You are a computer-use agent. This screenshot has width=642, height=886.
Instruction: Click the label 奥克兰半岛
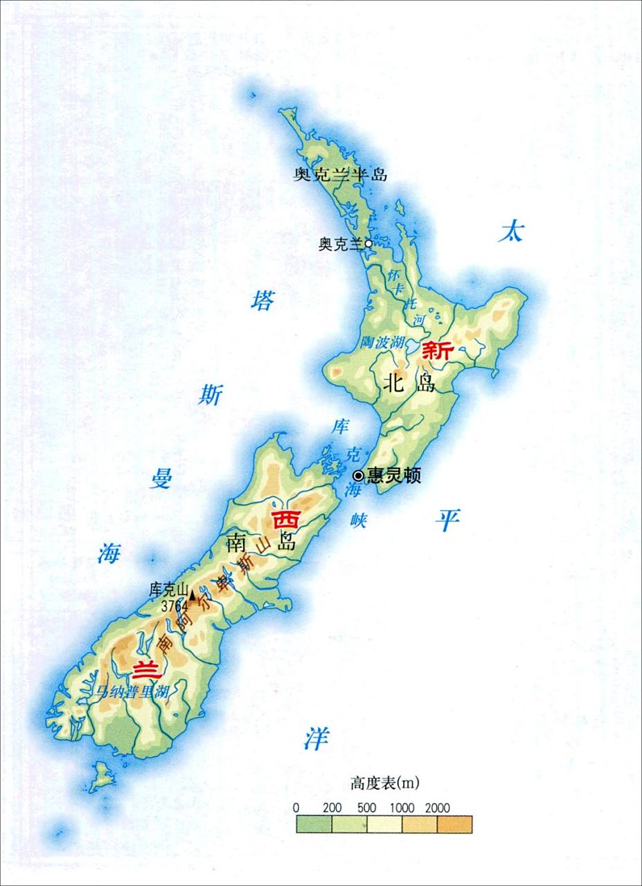coord(339,175)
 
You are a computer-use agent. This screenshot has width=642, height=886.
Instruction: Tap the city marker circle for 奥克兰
coord(368,244)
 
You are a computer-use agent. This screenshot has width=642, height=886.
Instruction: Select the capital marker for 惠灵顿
coord(358,476)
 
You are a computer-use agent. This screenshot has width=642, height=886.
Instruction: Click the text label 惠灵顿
coord(394,476)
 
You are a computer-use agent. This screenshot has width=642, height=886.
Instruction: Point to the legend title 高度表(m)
coord(385,784)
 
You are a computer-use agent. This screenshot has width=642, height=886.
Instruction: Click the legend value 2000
coord(437,808)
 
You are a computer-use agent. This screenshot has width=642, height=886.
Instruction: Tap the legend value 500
coord(368,808)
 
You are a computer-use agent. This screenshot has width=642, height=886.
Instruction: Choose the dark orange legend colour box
coord(455,824)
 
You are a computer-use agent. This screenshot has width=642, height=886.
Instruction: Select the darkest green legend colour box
coord(314,824)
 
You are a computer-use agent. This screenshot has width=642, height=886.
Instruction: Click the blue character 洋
coord(315,739)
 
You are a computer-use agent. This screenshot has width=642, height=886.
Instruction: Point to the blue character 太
coord(510,233)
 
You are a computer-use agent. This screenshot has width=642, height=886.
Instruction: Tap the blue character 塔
coord(262,301)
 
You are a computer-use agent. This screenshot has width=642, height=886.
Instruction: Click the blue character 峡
coord(358,521)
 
